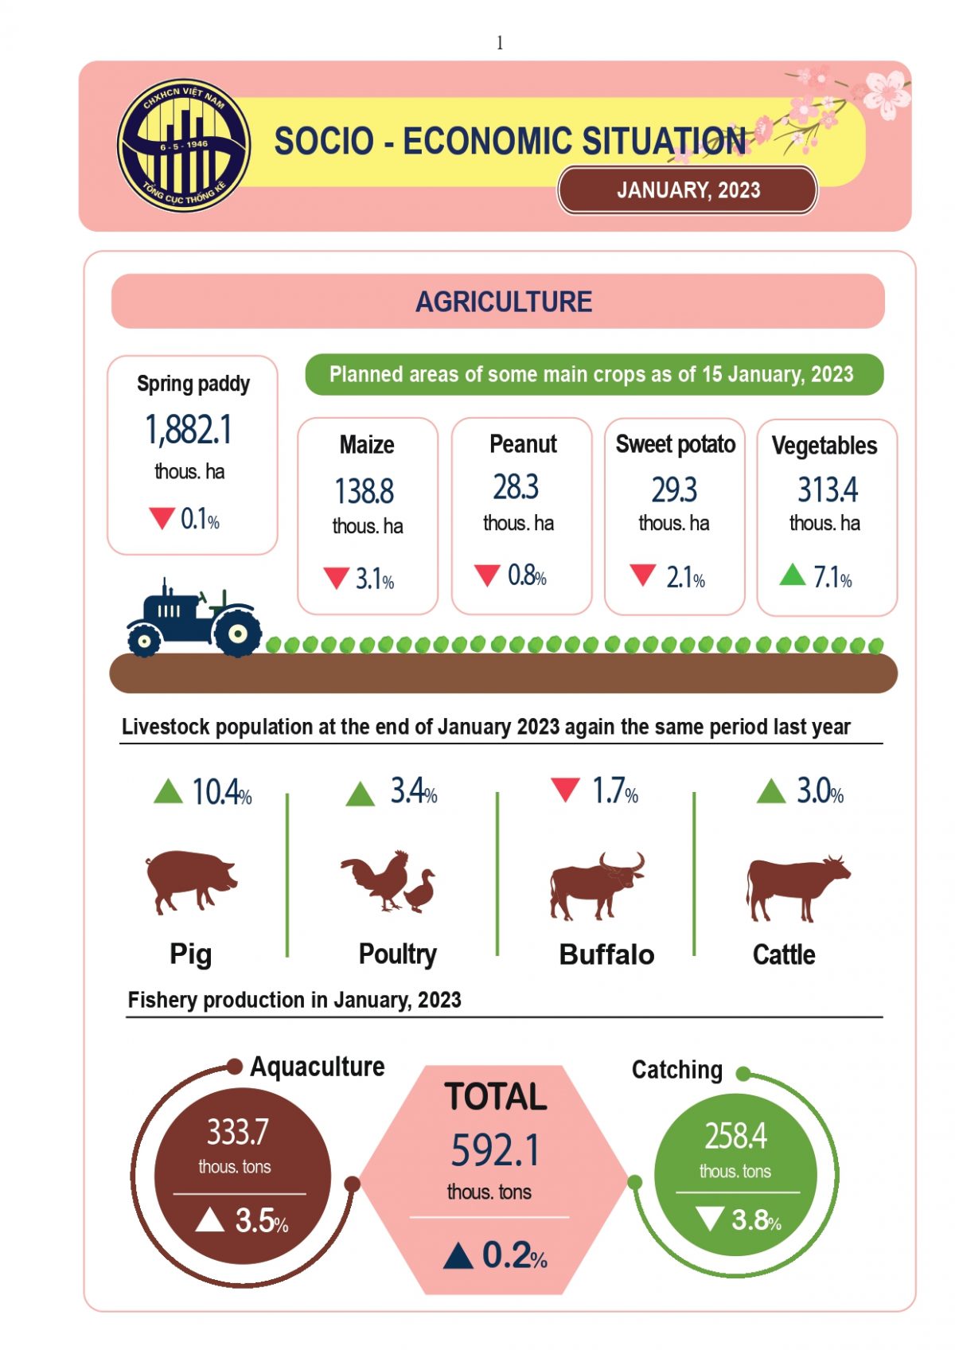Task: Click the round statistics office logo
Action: point(184,146)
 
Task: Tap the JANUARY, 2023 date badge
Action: point(688,190)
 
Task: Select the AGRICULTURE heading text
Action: point(504,302)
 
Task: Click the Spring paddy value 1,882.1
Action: point(189,430)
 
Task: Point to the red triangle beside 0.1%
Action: point(162,518)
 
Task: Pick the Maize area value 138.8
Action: point(364,491)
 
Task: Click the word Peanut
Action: point(523,444)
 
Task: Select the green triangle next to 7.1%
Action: point(793,574)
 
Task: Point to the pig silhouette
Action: point(191,880)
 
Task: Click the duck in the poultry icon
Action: point(421,891)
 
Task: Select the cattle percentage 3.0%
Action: point(820,791)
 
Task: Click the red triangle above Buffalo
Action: point(565,790)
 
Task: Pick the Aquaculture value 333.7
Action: point(238,1132)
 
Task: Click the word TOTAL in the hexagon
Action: point(496,1097)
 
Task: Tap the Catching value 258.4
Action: point(735,1136)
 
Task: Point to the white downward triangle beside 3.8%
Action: point(709,1218)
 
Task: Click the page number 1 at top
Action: point(500,43)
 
